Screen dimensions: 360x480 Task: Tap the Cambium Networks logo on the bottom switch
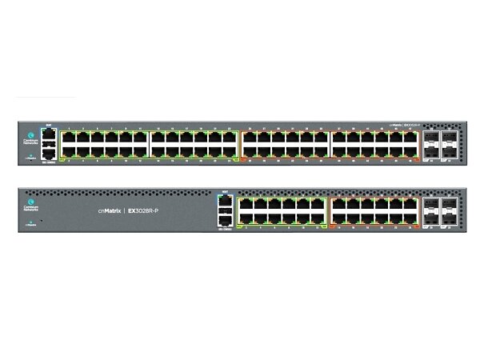31,207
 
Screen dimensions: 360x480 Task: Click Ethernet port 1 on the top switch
67,137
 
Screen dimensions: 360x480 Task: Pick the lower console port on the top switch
49,151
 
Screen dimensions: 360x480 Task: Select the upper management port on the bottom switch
226,202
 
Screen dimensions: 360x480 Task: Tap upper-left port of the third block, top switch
248,137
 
